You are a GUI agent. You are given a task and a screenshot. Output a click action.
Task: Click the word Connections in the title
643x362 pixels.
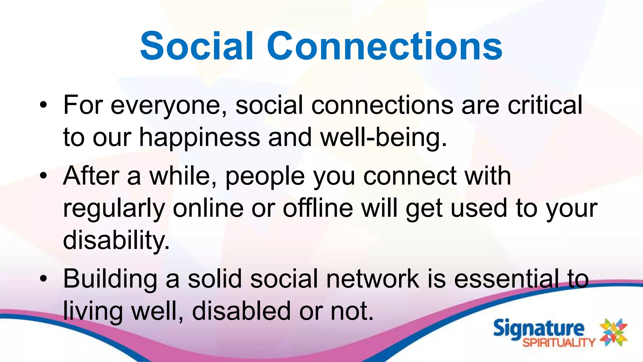tap(384, 46)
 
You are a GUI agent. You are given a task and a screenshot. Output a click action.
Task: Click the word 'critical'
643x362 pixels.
tap(545, 105)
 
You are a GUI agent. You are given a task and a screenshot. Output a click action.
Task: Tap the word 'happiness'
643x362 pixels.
tap(200, 138)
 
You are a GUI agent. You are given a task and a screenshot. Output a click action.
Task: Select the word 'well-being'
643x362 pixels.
tap(383, 138)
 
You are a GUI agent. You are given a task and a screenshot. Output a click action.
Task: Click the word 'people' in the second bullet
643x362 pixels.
tap(265, 177)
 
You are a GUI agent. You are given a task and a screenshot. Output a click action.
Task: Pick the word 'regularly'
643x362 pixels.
tap(114, 209)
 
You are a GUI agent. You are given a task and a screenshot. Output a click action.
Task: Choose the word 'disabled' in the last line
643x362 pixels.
tap(241, 311)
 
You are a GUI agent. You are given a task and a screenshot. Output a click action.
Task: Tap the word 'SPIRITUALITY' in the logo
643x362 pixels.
tap(559, 343)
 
